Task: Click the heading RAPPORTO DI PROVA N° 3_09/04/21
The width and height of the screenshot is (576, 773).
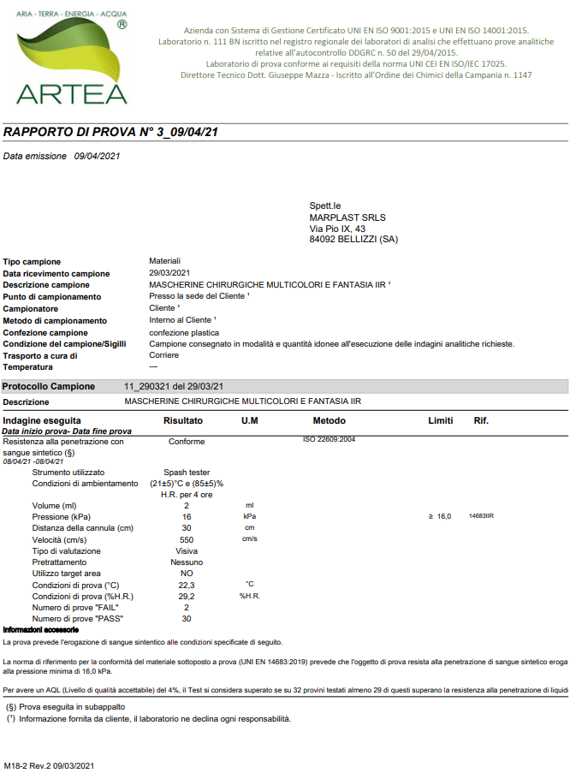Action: (111, 133)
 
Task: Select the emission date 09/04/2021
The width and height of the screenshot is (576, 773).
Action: (98, 156)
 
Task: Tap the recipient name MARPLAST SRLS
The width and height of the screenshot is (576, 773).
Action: (347, 217)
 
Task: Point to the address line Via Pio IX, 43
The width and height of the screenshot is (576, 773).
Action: (337, 229)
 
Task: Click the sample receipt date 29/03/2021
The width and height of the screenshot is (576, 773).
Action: (169, 273)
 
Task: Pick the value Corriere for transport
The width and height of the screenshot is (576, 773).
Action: (163, 354)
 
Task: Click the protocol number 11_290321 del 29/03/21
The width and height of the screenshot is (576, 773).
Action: (175, 386)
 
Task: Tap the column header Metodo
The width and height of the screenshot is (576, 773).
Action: (329, 421)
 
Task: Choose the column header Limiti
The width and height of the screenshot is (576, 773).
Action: (440, 421)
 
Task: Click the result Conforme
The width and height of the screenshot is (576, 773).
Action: (187, 442)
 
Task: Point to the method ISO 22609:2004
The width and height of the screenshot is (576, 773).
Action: (329, 439)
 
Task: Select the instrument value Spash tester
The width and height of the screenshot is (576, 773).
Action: (187, 472)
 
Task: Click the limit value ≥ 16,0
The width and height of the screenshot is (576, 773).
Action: (439, 517)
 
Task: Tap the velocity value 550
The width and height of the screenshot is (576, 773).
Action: (187, 540)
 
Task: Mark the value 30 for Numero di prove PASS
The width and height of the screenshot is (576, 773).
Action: (187, 618)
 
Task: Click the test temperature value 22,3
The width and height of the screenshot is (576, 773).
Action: (187, 585)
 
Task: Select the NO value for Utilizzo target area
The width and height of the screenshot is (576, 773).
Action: (187, 574)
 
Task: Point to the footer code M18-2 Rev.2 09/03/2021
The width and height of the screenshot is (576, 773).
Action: (48, 764)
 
